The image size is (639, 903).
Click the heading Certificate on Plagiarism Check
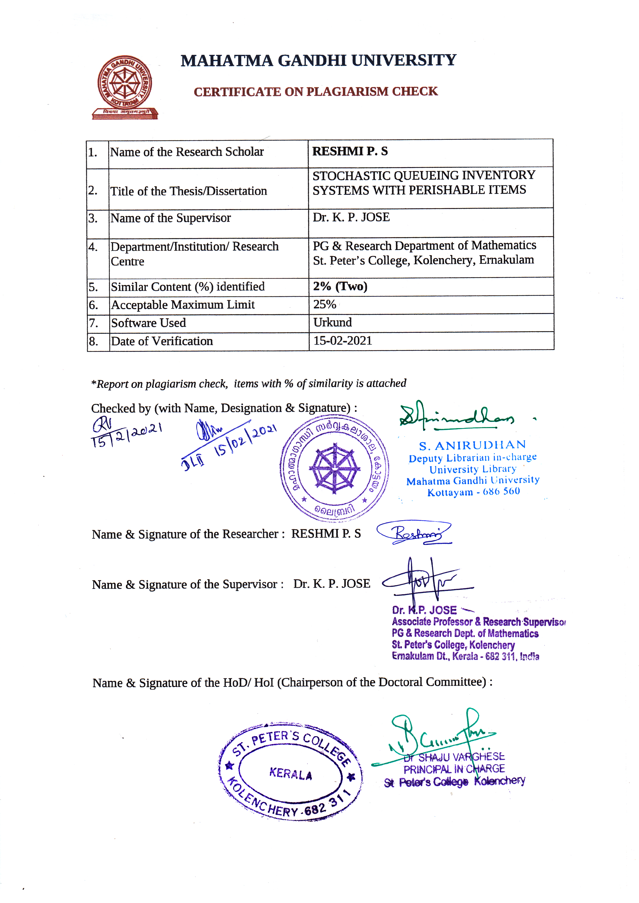tap(316, 92)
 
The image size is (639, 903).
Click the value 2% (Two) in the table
tap(340, 286)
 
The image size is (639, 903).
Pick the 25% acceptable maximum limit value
tap(325, 305)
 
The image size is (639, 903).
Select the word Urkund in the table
tap(333, 323)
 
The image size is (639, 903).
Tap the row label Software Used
tap(148, 323)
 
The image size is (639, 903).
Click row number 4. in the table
tap(93, 247)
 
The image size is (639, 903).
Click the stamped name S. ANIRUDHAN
tap(472, 446)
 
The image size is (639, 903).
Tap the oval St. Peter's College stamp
tap(290, 772)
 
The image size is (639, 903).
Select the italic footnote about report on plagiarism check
tap(249, 384)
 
